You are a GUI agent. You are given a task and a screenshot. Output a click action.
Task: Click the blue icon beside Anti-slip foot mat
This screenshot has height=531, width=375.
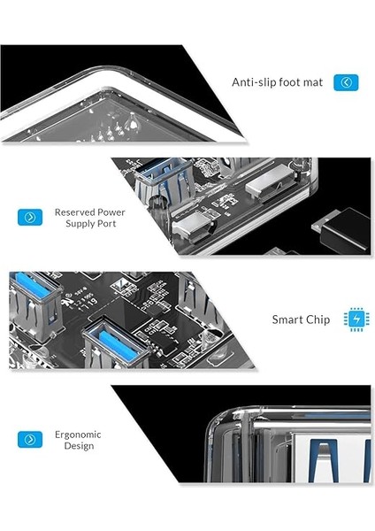coord(346,82)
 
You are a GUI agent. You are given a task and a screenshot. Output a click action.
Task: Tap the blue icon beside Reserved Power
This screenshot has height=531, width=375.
coord(30,217)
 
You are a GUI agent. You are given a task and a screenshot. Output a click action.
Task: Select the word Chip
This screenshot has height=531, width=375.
coord(318,319)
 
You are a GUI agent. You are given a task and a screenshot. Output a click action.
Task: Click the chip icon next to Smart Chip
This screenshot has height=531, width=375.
coord(356,319)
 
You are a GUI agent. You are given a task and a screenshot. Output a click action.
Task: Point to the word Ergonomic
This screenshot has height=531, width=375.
coord(78,435)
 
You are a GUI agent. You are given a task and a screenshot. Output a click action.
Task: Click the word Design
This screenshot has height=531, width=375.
coord(78,446)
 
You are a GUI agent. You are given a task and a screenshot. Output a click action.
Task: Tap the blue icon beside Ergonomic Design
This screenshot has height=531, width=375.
coord(30,439)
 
